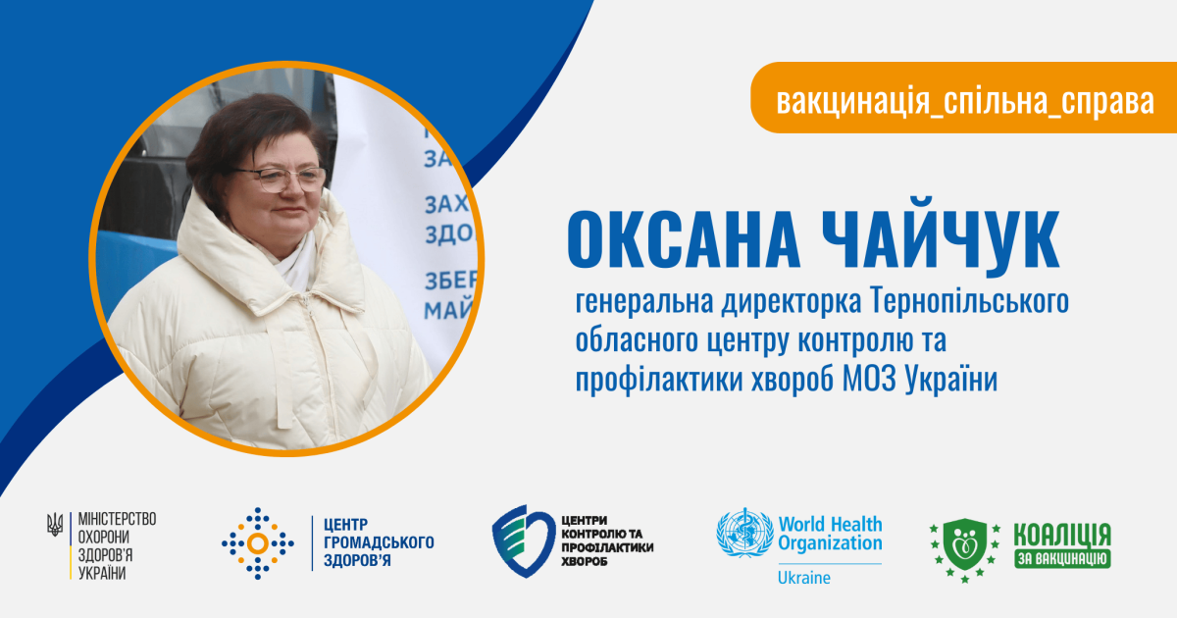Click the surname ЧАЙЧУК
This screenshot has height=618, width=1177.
[x=941, y=236]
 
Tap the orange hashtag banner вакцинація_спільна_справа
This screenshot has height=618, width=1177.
[x=963, y=98]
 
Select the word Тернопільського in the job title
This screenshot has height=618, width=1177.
[x=969, y=302]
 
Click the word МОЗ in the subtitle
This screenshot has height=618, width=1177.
[x=869, y=380]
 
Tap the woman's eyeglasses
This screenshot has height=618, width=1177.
[x=280, y=180]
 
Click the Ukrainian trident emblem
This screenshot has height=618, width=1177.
[x=55, y=524]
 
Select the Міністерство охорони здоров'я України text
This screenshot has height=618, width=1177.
[x=117, y=546]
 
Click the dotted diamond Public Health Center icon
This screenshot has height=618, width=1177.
[x=257, y=543]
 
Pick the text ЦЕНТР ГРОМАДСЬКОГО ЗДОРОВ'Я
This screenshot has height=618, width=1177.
[x=379, y=542]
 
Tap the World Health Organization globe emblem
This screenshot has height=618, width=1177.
[x=744, y=533]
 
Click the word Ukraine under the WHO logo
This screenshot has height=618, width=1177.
[x=804, y=578]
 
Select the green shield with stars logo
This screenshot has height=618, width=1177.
[x=965, y=549]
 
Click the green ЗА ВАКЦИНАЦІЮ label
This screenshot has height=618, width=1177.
[x=1062, y=558]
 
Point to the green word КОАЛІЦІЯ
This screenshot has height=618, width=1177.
[x=1062, y=535]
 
